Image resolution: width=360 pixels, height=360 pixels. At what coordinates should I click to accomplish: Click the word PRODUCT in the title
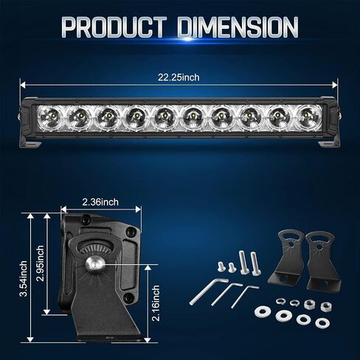tap(114, 27)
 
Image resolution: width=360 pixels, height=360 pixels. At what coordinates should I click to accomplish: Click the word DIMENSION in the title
tap(238, 27)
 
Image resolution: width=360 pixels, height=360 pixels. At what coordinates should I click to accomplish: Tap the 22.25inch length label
tap(179, 77)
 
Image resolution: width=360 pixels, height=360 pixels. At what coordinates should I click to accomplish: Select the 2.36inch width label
tap(100, 202)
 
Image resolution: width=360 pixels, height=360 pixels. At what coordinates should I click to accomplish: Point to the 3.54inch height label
tap(24, 279)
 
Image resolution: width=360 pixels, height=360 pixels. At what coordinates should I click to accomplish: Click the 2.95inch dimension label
tap(40, 263)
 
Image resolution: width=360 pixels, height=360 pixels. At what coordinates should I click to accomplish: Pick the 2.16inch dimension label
tap(156, 303)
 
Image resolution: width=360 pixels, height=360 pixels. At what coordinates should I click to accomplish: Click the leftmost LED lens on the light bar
tap(50, 117)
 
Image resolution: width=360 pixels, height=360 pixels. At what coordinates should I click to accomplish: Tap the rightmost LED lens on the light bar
tap(308, 117)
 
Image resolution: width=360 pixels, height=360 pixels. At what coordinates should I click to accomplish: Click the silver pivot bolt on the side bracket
tap(95, 265)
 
